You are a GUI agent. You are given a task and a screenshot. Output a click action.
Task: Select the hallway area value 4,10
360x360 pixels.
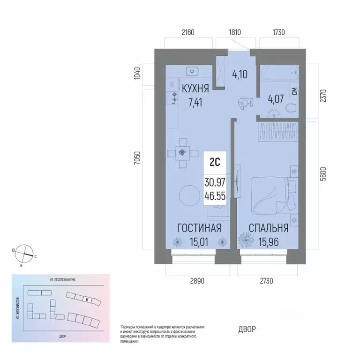click(241, 74)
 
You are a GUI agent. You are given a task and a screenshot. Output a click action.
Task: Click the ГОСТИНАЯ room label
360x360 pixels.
click(199, 228)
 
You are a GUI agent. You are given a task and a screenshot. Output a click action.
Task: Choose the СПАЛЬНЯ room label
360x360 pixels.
click(269, 228)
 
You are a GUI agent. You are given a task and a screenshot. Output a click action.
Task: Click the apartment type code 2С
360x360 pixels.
click(215, 162)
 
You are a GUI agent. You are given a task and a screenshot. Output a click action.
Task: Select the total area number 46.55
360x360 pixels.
click(215, 197)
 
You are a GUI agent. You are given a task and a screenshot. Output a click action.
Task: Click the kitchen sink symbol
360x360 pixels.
click(192, 71)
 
